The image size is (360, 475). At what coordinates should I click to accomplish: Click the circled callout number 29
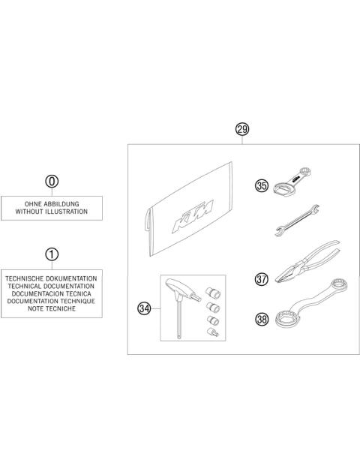pos(241,130)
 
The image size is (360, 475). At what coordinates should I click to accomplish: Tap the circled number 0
pos(50,182)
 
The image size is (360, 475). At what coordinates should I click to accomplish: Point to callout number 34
pos(145,307)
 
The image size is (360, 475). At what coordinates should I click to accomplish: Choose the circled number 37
pos(262,279)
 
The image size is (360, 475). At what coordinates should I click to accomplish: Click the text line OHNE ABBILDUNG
pos(50,203)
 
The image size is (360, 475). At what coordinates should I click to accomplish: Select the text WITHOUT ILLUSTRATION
pos(50,212)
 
